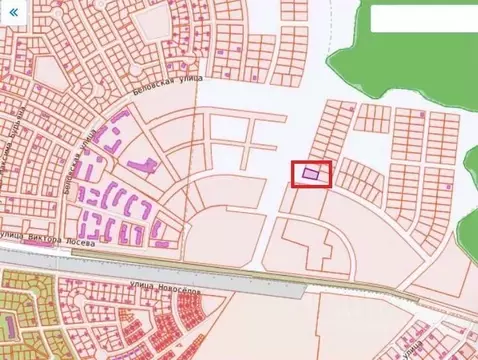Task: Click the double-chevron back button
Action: click(13, 14)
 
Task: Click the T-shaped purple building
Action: click(139, 162)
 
